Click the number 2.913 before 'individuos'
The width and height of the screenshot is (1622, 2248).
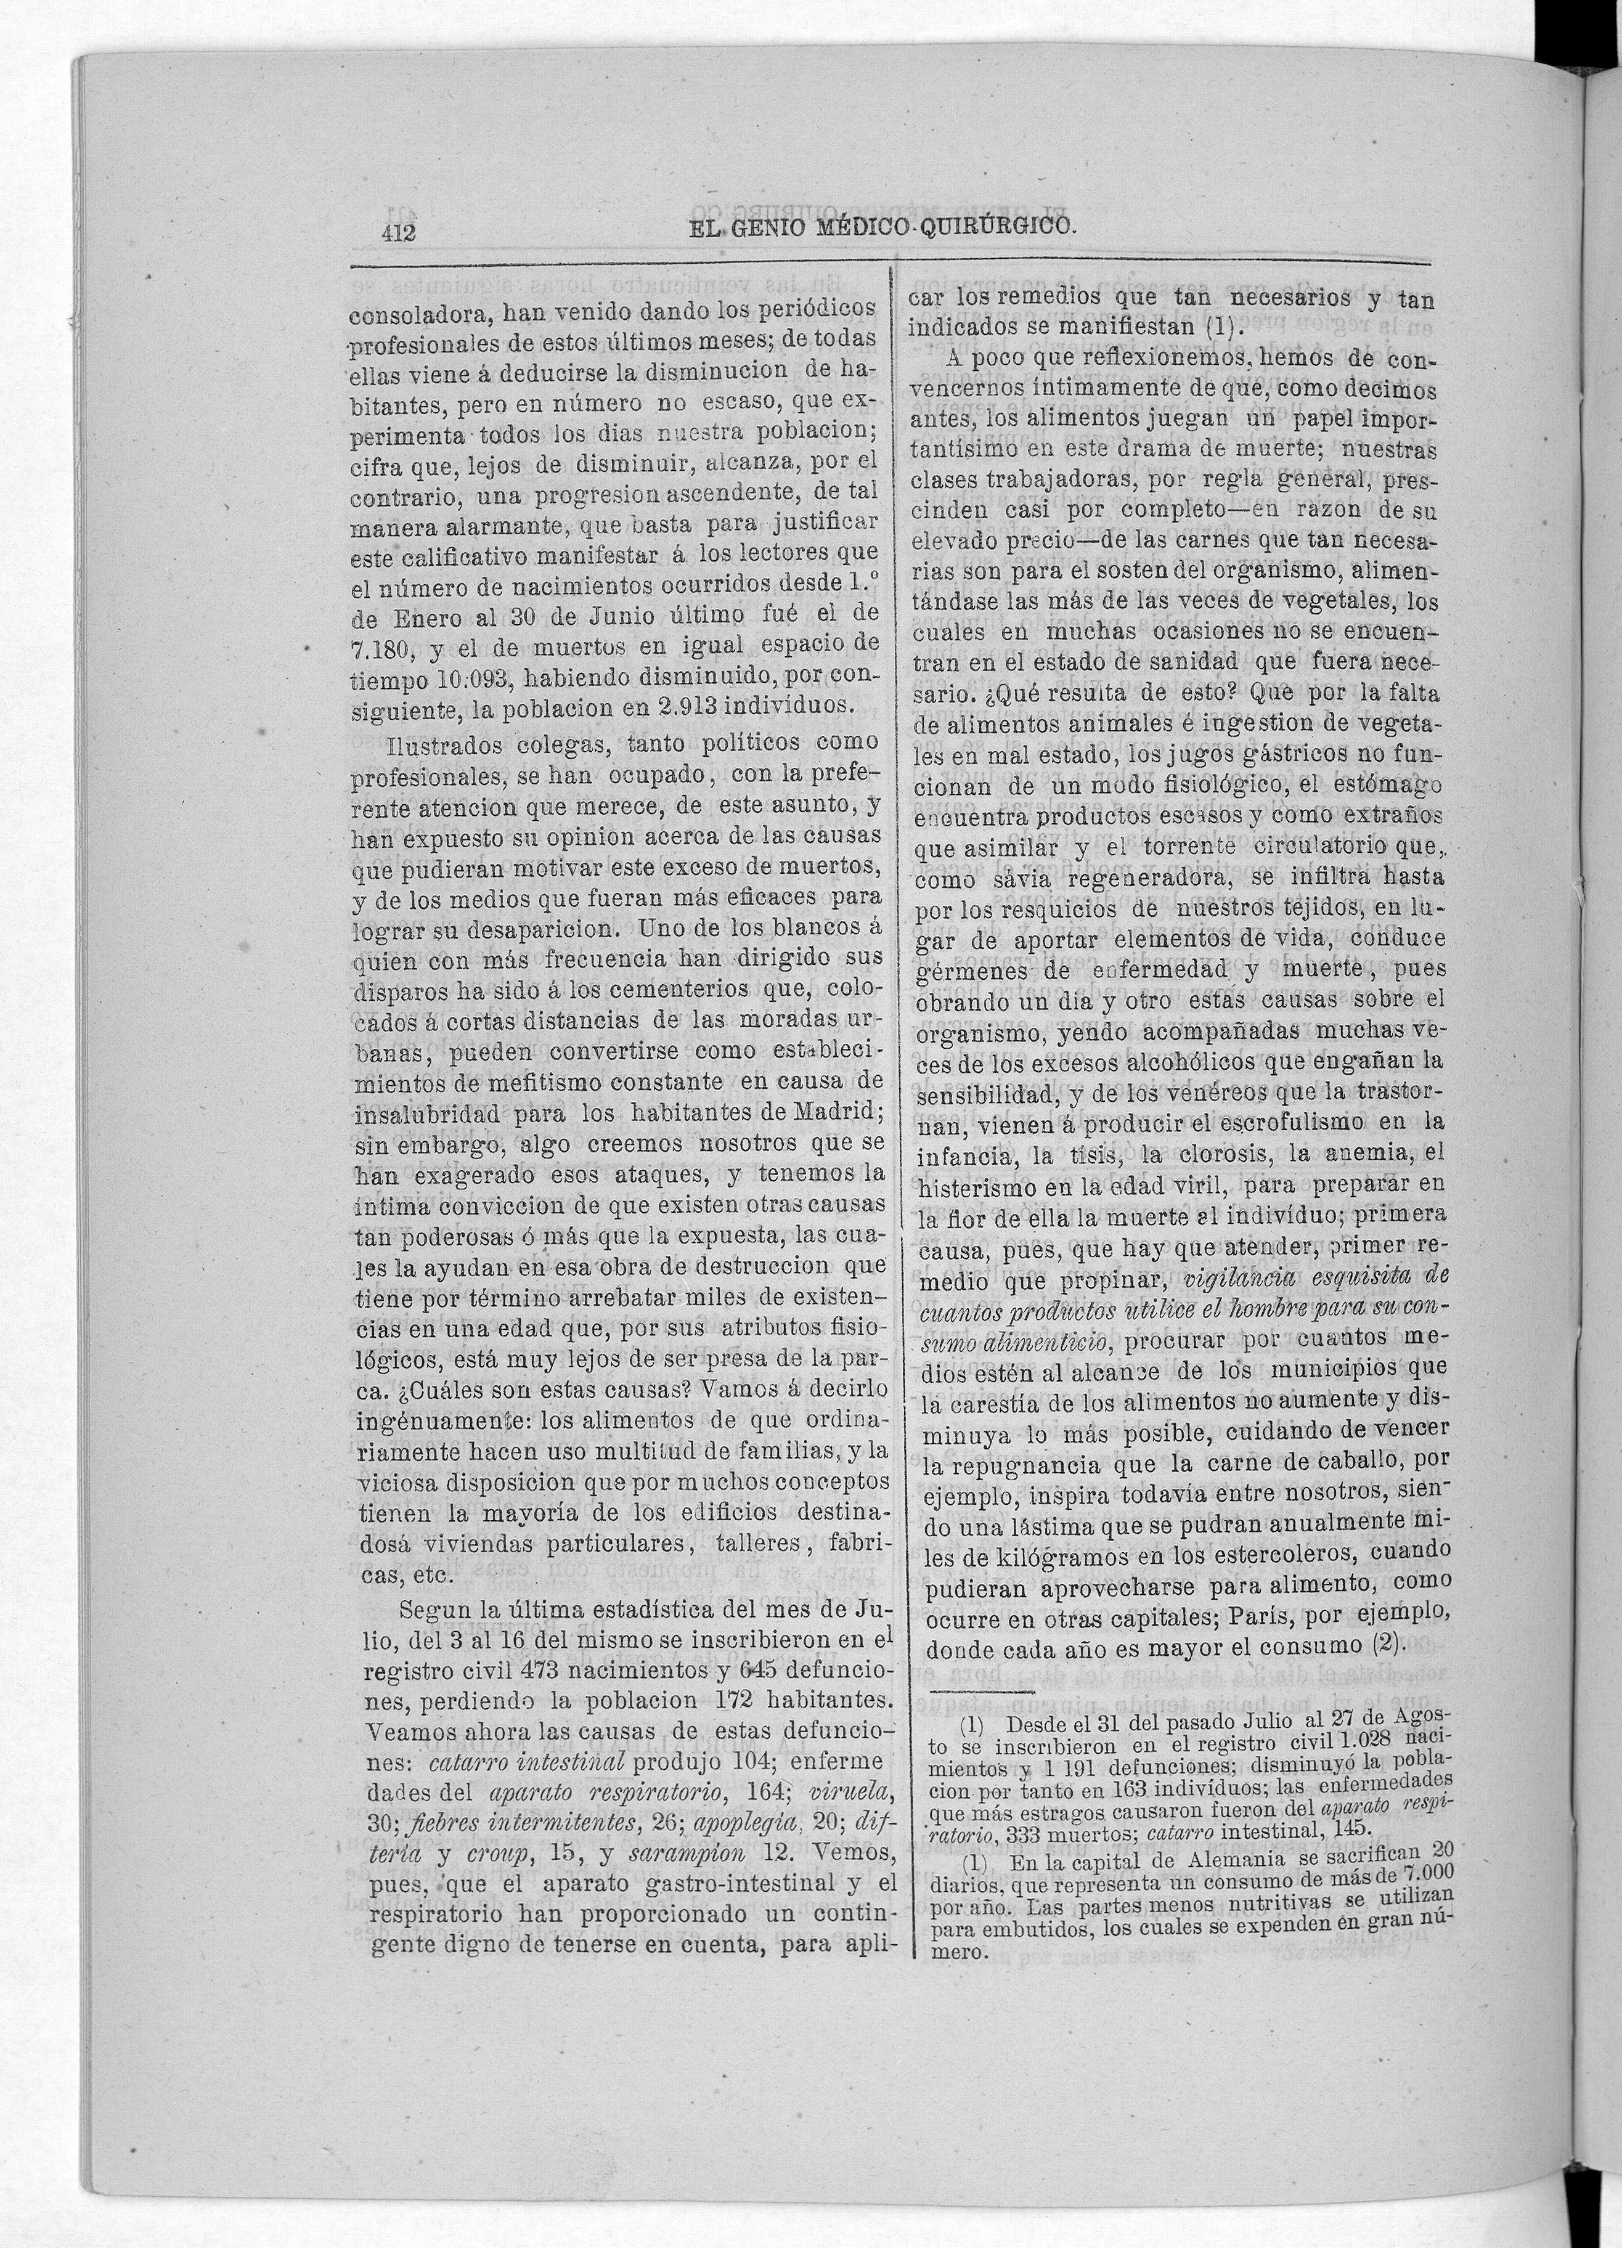(x=693, y=706)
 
